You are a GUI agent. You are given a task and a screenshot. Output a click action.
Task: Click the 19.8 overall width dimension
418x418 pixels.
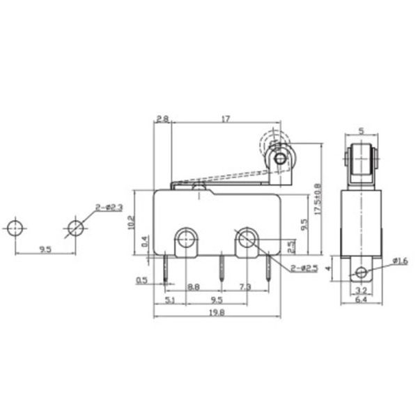click(x=216, y=313)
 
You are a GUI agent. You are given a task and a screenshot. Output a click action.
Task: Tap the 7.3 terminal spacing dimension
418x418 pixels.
click(x=245, y=286)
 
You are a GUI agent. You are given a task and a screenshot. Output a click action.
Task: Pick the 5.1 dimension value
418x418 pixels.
click(x=169, y=300)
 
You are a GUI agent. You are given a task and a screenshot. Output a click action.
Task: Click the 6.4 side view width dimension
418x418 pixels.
click(x=360, y=300)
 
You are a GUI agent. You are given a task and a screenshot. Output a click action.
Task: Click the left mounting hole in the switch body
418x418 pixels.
click(x=185, y=240)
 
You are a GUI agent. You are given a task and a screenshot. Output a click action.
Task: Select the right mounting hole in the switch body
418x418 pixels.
click(x=246, y=240)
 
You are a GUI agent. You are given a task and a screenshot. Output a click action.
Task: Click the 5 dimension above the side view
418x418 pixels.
click(x=360, y=130)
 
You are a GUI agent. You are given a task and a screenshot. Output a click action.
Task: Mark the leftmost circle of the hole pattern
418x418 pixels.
click(x=15, y=228)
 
